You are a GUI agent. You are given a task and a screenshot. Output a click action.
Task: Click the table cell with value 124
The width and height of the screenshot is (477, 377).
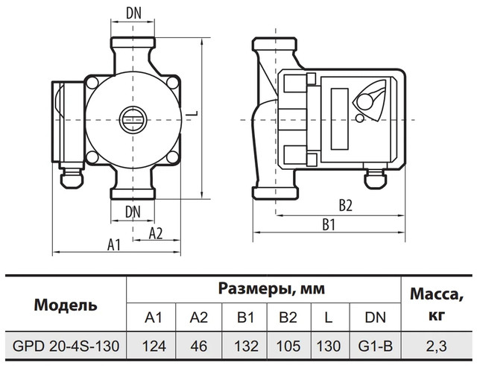coord(154,346)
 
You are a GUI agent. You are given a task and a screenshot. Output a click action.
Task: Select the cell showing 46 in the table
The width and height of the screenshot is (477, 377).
coord(199,346)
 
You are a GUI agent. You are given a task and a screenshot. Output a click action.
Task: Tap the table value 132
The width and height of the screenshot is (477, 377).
coord(247,346)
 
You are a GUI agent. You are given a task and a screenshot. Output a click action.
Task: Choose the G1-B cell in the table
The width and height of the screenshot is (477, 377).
coord(375,346)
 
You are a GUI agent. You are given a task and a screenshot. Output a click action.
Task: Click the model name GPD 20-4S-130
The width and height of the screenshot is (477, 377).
coord(66,346)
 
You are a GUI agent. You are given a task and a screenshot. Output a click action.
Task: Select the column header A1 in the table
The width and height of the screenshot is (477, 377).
coord(154,317)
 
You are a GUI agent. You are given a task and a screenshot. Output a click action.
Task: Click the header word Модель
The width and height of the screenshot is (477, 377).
coord(66,305)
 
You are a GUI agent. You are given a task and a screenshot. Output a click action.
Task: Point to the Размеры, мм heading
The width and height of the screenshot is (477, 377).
coord(262,288)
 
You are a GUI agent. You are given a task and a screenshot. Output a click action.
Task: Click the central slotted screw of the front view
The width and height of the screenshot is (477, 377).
coord(132,118)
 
